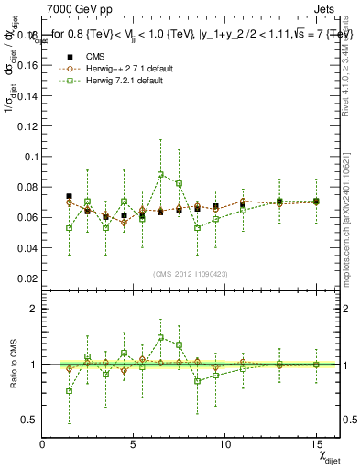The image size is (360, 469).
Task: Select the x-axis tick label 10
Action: pyautogui.click(x=224, y=444)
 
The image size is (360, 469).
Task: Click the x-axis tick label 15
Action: pyautogui.click(x=315, y=444)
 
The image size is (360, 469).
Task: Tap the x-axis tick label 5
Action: pyautogui.click(x=134, y=444)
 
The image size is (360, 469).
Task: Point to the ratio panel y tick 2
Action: pyautogui.click(x=33, y=309)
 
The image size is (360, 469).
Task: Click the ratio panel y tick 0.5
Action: pyautogui.click(x=29, y=420)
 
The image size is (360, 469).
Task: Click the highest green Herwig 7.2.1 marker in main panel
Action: pyautogui.click(x=160, y=174)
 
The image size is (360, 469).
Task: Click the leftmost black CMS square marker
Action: pyautogui.click(x=69, y=196)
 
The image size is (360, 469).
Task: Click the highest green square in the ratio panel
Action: pyautogui.click(x=160, y=337)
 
